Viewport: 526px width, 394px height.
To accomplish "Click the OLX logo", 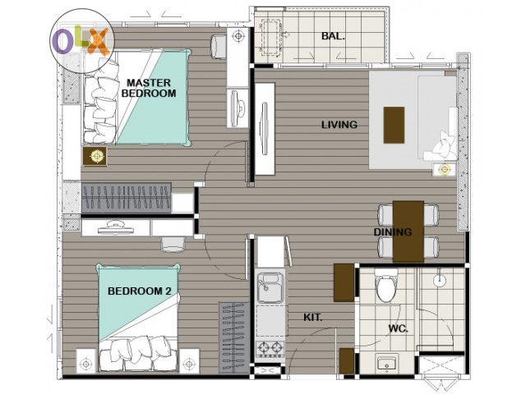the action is coord(82,41).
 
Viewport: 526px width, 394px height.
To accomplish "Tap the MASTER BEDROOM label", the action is coord(149,88).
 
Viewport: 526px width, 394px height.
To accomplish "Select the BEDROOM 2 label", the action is coord(140,291).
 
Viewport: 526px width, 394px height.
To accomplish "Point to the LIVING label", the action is coord(339,125).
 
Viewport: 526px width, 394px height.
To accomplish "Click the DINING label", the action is coord(393,231).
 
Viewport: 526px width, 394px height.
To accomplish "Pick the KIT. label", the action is coord(312,318).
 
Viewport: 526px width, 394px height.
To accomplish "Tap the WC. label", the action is coord(398,328).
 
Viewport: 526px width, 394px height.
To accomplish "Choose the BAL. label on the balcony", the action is coord(333,36).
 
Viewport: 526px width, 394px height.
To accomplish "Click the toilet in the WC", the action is coord(385,286).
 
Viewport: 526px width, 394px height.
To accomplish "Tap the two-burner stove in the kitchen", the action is coord(270,349).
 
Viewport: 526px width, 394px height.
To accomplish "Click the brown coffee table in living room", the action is coord(394,125).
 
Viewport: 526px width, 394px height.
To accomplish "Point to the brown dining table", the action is coord(408,231).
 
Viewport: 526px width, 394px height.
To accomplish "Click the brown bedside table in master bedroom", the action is coord(95,156).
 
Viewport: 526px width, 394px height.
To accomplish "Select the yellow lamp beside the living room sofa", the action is coord(445,170).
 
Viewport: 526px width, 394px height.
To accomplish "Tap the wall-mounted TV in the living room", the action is coord(265,129).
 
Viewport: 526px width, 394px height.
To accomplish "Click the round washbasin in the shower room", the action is coord(439,280).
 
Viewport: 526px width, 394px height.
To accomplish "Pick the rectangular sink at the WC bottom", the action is coord(387,363).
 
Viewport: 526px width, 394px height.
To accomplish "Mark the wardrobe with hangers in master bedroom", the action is coord(127,198).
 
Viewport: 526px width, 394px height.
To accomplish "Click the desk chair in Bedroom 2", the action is coord(173,245).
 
